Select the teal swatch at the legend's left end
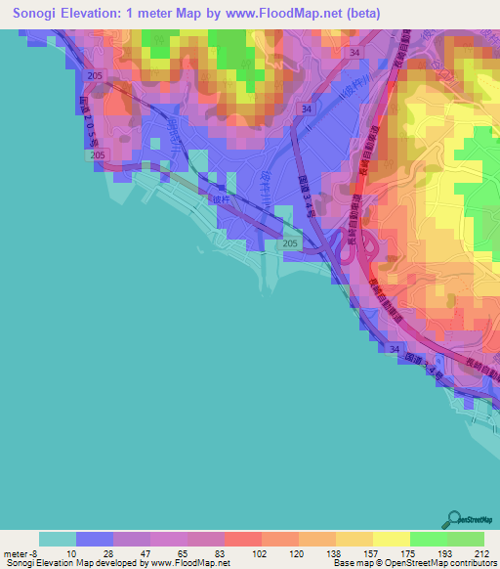click(58, 539)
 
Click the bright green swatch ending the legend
click(466, 539)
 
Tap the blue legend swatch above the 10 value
click(95, 539)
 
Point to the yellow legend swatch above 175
click(392, 539)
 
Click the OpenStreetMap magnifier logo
click(455, 518)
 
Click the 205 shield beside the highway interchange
click(289, 242)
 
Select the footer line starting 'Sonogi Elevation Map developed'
click(117, 563)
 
